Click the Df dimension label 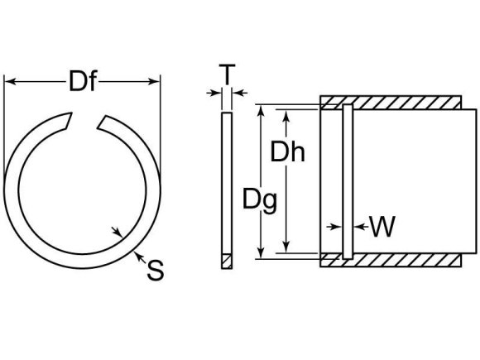[x=81, y=81]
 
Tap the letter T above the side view [x=225, y=77]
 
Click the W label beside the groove [x=381, y=227]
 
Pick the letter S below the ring [x=154, y=268]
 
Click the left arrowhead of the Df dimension [x=10, y=81]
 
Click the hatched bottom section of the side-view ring [x=227, y=262]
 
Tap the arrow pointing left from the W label [x=358, y=226]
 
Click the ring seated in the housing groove [x=347, y=182]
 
